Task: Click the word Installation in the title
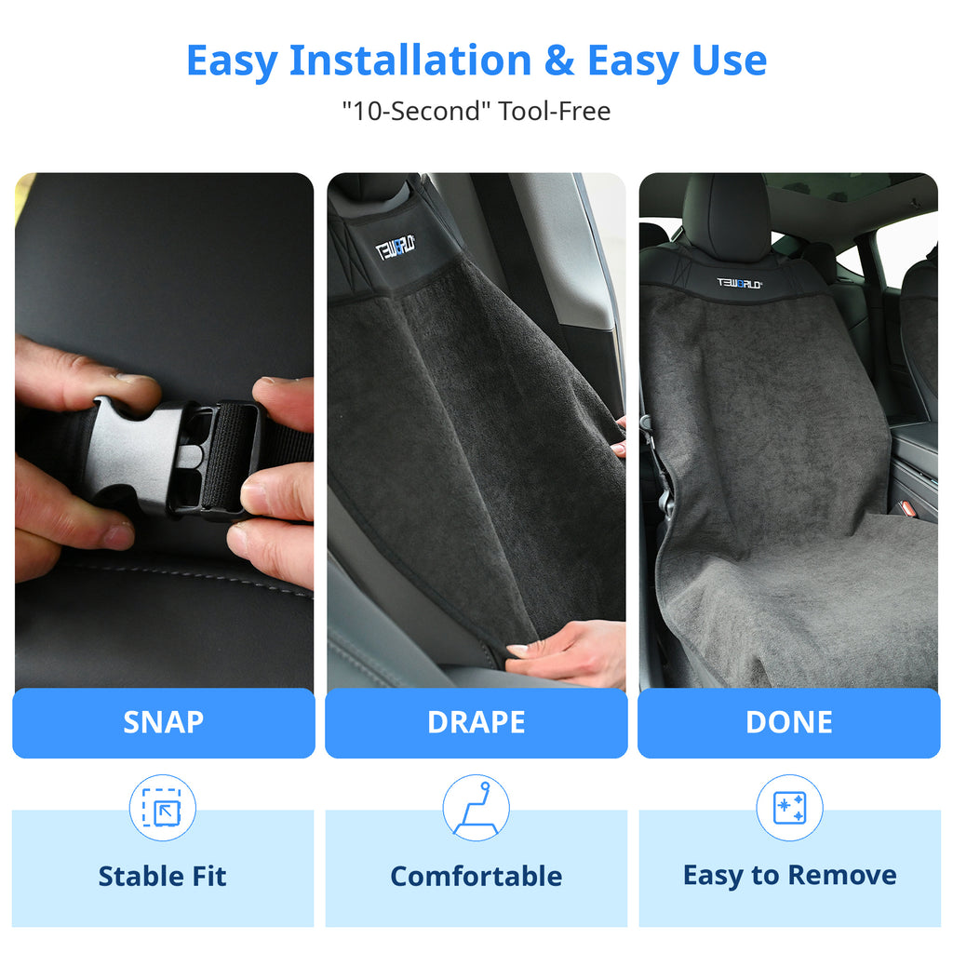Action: tap(410, 60)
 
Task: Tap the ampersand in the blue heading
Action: tap(559, 60)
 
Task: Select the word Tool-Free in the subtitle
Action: tap(555, 112)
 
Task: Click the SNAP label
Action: tap(164, 722)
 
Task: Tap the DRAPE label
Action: tap(476, 722)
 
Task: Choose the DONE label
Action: tap(789, 722)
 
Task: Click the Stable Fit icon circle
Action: tap(162, 808)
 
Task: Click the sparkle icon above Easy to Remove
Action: tap(789, 808)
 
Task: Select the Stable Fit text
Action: tap(162, 877)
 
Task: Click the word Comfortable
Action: tap(476, 877)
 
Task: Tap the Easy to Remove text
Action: tap(789, 876)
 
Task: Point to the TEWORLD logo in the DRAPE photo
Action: tap(395, 248)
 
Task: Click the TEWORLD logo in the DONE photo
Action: tap(739, 283)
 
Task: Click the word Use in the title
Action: tap(730, 60)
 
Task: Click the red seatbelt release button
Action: tap(907, 508)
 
